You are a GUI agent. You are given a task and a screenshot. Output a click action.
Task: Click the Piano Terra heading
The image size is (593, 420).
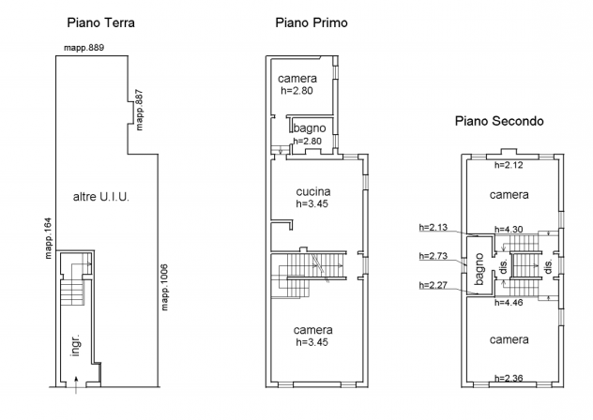(100, 22)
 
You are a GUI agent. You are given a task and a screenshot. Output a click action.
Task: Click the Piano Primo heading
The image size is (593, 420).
(312, 22)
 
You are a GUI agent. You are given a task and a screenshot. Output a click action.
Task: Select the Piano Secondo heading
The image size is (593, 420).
(499, 121)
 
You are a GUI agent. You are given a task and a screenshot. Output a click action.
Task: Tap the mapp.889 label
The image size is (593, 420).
(84, 48)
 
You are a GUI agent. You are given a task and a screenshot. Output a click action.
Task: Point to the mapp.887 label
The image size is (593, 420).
(140, 110)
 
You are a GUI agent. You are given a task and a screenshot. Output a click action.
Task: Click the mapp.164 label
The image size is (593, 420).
(48, 238)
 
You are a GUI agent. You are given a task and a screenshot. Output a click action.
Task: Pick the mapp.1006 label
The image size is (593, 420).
(164, 287)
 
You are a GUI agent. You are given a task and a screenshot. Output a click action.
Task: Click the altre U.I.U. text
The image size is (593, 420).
(101, 197)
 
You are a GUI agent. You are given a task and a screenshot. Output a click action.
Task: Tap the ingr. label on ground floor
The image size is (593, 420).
(76, 345)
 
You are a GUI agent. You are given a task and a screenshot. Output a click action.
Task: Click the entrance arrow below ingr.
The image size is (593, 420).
(76, 384)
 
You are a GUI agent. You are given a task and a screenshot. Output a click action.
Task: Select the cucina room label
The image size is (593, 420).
(313, 191)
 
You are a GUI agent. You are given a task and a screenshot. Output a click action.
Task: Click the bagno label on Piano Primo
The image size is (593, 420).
(310, 128)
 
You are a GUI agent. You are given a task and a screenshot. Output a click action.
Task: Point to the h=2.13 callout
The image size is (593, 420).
(433, 227)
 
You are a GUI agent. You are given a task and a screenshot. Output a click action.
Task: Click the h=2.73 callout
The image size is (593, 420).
(433, 256)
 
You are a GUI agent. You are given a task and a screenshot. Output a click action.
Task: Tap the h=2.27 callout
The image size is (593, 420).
(433, 285)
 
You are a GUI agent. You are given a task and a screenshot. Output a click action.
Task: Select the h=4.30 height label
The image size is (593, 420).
(509, 230)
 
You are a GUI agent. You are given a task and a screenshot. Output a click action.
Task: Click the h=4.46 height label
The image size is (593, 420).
(509, 303)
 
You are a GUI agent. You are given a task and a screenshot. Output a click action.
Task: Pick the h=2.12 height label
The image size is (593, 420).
(509, 165)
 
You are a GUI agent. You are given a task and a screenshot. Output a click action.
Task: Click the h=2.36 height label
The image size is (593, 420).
(509, 378)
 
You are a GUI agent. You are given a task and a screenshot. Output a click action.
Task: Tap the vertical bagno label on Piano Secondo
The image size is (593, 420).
(479, 269)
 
